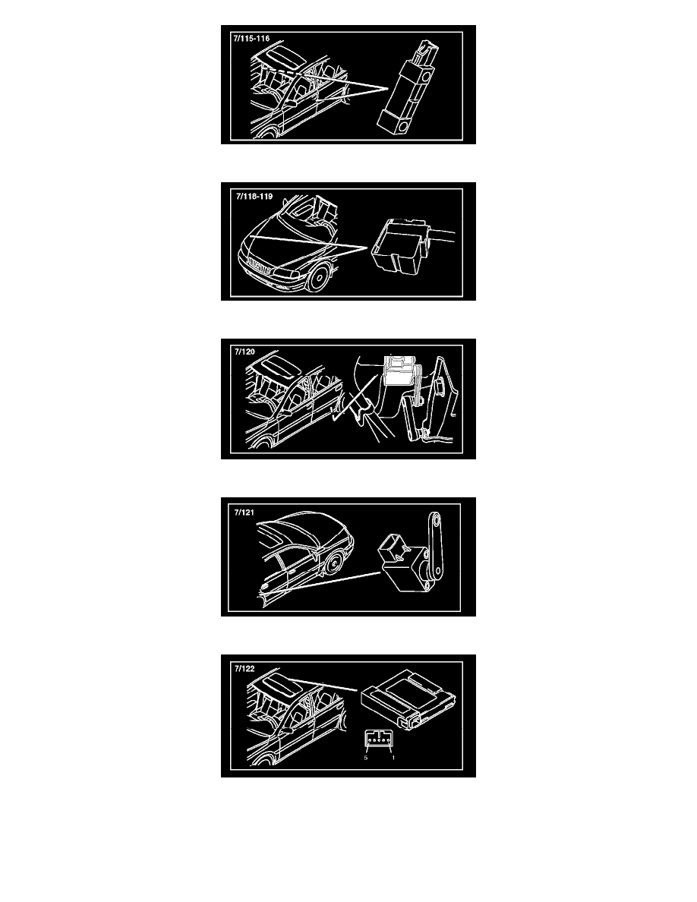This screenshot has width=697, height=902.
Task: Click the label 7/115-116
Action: click(x=251, y=39)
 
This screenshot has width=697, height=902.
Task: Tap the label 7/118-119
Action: click(x=254, y=196)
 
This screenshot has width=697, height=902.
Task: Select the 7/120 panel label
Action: click(x=244, y=352)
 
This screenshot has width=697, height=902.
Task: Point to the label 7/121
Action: click(x=244, y=512)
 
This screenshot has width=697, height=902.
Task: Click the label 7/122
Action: click(x=244, y=668)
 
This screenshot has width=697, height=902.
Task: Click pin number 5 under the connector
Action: click(x=366, y=758)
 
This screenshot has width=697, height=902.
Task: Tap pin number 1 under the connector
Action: click(x=393, y=758)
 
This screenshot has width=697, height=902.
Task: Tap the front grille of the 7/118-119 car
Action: click(x=260, y=267)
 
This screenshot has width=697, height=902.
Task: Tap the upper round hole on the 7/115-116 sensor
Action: click(x=427, y=76)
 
